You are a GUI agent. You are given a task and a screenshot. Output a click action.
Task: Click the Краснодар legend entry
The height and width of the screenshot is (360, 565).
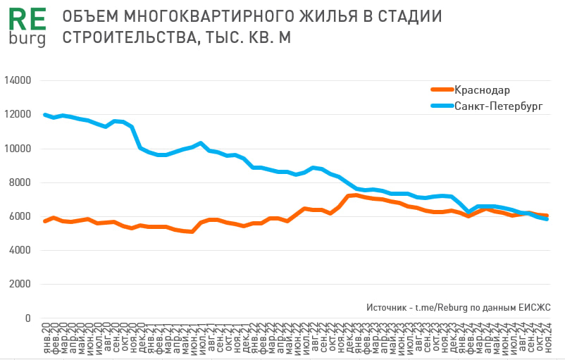pyautogui.click(x=483, y=90)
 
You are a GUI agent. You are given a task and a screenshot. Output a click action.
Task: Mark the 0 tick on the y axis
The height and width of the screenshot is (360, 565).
pyautogui.click(x=28, y=318)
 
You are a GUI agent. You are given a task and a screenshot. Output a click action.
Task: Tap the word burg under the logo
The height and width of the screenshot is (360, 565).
pyautogui.click(x=27, y=38)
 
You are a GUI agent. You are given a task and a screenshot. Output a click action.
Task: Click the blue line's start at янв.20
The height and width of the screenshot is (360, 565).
pyautogui.click(x=45, y=114)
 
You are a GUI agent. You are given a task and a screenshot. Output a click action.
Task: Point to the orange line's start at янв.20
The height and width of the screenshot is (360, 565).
pyautogui.click(x=45, y=221)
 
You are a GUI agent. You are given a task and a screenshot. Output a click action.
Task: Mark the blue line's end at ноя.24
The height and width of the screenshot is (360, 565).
pyautogui.click(x=546, y=219)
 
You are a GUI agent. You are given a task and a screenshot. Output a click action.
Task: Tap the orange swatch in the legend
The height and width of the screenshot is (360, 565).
pyautogui.click(x=441, y=90)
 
